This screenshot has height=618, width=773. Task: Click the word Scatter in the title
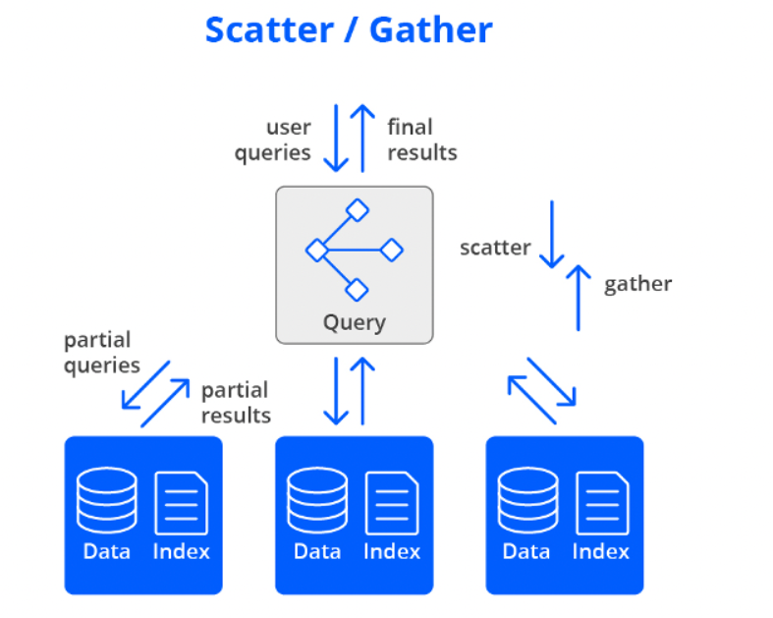click(x=268, y=29)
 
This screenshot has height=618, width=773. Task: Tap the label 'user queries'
click(x=274, y=140)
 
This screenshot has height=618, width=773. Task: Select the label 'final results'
click(x=421, y=140)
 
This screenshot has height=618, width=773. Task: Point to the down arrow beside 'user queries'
click(x=336, y=137)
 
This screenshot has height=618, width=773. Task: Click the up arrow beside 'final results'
click(x=363, y=137)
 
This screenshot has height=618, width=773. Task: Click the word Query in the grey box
click(x=354, y=322)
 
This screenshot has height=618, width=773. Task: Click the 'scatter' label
click(x=495, y=248)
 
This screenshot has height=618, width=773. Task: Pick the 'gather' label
click(x=637, y=284)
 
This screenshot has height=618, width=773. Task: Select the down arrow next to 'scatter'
click(x=552, y=235)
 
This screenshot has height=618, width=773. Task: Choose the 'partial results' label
click(x=236, y=403)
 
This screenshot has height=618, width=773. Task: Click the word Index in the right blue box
click(x=601, y=552)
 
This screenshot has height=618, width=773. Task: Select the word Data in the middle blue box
click(x=317, y=552)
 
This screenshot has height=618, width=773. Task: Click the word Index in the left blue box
click(x=182, y=552)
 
